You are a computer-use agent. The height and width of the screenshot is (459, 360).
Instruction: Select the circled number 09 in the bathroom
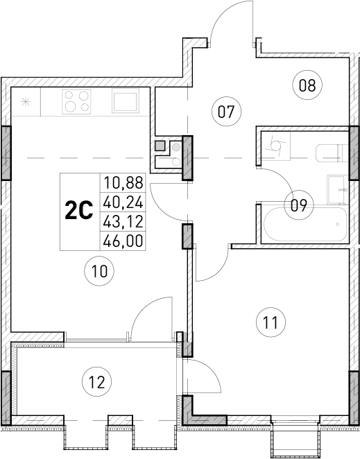click(x=299, y=205)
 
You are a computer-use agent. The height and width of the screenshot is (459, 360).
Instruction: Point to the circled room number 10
click(x=101, y=272)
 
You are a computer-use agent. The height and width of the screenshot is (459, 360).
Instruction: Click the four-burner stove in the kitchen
click(x=76, y=102)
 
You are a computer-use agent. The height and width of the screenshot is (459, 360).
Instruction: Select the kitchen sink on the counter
click(x=125, y=102)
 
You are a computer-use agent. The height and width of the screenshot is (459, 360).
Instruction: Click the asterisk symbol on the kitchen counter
click(x=26, y=102)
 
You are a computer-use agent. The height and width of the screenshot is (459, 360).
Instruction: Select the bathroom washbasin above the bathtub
click(x=338, y=186)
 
